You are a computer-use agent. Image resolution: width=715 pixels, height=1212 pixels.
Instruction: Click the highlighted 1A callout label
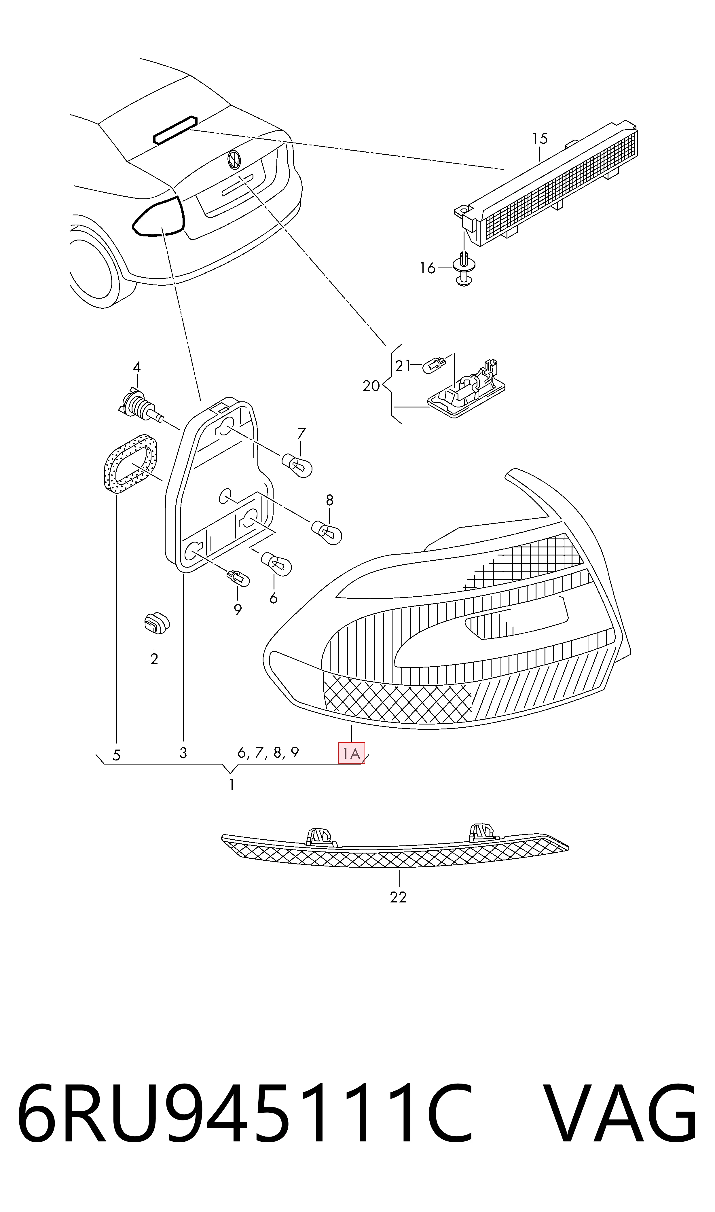click(352, 753)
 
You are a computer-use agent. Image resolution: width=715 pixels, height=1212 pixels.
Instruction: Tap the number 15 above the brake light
click(540, 139)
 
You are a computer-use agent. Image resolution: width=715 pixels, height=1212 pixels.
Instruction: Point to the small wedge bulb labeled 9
click(238, 577)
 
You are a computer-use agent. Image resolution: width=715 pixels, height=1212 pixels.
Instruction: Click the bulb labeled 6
click(276, 564)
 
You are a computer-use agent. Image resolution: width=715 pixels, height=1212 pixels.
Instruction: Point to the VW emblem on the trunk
click(234, 160)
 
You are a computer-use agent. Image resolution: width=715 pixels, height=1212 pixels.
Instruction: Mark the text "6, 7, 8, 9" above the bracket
click(268, 752)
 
